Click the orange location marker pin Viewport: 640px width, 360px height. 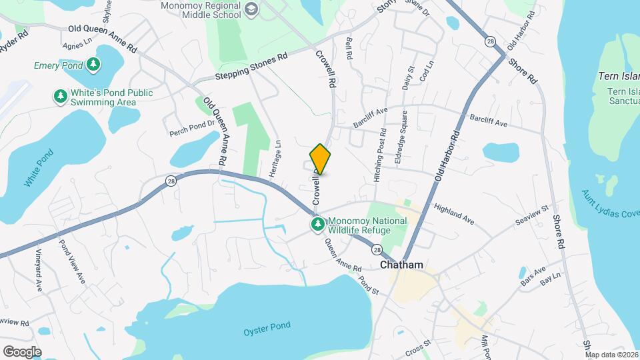[320, 159]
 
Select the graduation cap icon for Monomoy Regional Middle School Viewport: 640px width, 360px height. [251, 9]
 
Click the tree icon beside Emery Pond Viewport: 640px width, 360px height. [94, 65]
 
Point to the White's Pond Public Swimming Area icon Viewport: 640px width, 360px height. [61, 97]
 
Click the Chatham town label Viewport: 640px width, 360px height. [401, 265]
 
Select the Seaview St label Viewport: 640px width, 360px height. [531, 215]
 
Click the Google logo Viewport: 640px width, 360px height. [22, 351]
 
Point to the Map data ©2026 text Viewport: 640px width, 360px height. [611, 355]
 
